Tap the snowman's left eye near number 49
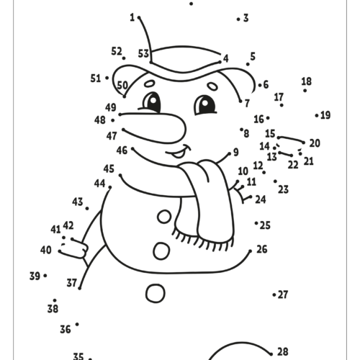[x=150, y=103]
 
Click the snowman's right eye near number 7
[x=204, y=105]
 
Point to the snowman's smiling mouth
[x=179, y=152]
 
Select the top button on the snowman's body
[x=164, y=217]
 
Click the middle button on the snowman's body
[x=161, y=251]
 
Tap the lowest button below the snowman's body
[x=156, y=293]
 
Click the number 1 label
[x=132, y=17]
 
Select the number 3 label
[x=246, y=18]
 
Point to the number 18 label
[x=307, y=81]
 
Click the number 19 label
[x=325, y=115]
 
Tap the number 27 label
[x=283, y=294]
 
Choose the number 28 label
[x=283, y=352]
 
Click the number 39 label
[x=35, y=276]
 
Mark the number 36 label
[x=66, y=330]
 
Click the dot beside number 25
[x=256, y=223]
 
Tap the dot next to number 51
[x=107, y=78]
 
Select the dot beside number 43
[x=87, y=209]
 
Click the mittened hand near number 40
[x=73, y=248]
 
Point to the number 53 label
[x=143, y=53]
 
